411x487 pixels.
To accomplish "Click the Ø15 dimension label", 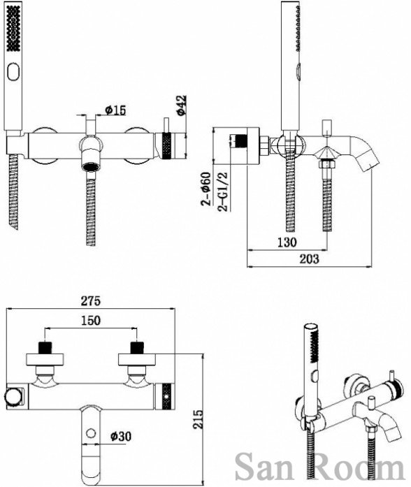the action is pyautogui.click(x=115, y=110).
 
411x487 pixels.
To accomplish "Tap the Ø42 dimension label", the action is pyautogui.click(x=182, y=106).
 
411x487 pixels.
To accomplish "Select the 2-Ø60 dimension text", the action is pyautogui.click(x=206, y=189).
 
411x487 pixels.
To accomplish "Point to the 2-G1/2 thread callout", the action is pyautogui.click(x=223, y=191).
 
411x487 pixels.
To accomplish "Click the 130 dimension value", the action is pyautogui.click(x=287, y=242).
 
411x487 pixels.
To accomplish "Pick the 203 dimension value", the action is pyautogui.click(x=309, y=259).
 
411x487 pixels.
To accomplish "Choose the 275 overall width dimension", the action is pyautogui.click(x=91, y=300).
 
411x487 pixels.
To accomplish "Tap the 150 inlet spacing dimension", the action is pyautogui.click(x=91, y=320).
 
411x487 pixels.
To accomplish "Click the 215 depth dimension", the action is pyautogui.click(x=198, y=419).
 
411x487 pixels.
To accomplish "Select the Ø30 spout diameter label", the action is pyautogui.click(x=121, y=437).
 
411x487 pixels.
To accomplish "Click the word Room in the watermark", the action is pyautogui.click(x=355, y=467).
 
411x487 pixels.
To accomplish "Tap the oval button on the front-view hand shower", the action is pyautogui.click(x=14, y=72).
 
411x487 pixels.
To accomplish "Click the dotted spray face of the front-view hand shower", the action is pyautogui.click(x=14, y=29).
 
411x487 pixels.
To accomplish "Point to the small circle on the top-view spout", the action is pyautogui.click(x=91, y=433).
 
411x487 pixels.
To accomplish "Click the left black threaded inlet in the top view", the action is pyautogui.click(x=45, y=347).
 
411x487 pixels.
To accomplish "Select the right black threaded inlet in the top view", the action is pyautogui.click(x=137, y=347).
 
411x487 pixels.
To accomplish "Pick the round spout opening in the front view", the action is pyautogui.click(x=90, y=167).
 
